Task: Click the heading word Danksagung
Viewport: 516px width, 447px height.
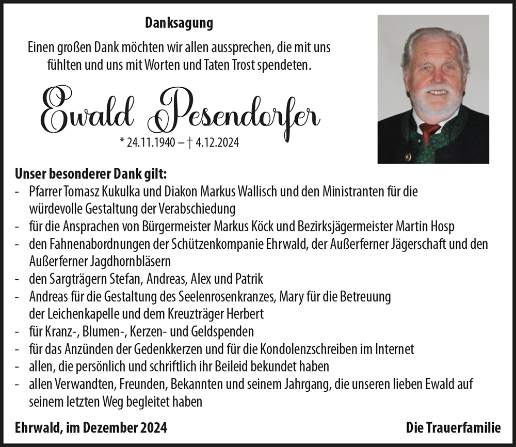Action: click(x=179, y=23)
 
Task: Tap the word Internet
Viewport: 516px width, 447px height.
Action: click(x=394, y=349)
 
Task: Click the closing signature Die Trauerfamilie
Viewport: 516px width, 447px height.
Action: click(x=453, y=427)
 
